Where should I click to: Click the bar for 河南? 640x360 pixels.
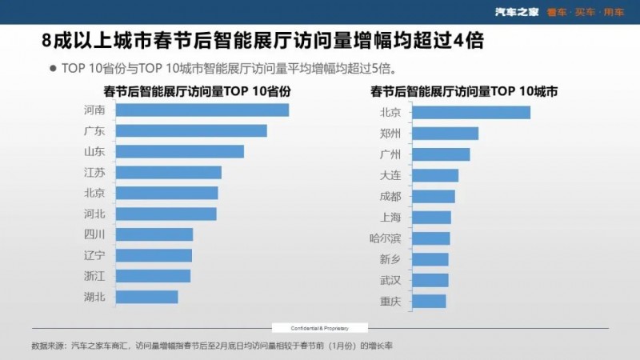[x=202, y=110]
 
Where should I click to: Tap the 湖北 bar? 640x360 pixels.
[x=147, y=297]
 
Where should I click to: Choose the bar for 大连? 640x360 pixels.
[x=435, y=175]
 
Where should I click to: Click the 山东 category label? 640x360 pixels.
[x=94, y=151]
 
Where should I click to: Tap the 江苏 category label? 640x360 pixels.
[x=94, y=172]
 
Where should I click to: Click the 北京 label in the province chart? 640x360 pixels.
[x=94, y=193]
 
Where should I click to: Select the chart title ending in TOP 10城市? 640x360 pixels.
[x=464, y=91]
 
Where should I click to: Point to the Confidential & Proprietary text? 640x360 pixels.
[x=319, y=328]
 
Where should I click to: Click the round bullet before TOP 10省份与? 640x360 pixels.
[x=53, y=68]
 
